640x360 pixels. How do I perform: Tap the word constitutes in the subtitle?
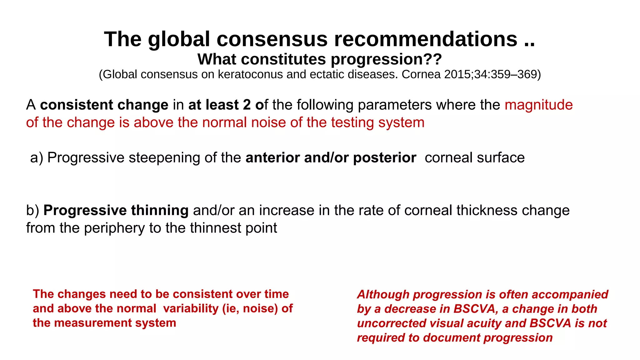(x=286, y=59)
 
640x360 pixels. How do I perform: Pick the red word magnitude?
(x=538, y=105)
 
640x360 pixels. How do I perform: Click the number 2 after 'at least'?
(x=247, y=105)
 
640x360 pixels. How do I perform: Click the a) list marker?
(x=37, y=157)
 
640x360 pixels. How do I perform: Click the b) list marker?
(x=32, y=210)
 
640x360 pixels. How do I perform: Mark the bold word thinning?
(x=160, y=210)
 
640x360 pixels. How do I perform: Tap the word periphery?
(x=114, y=228)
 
